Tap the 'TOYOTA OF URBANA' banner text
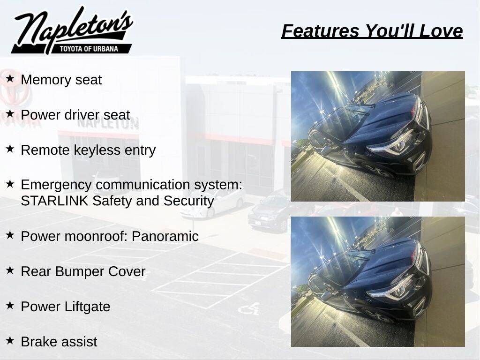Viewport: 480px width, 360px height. click(x=89, y=49)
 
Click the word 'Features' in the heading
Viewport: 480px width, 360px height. click(x=320, y=31)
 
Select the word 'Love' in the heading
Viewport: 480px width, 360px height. click(x=441, y=31)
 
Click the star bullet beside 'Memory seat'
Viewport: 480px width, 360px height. click(x=10, y=78)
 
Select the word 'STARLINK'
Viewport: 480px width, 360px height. click(x=54, y=201)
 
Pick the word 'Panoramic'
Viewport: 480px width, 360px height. click(x=165, y=236)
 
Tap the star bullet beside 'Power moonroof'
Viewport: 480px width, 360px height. click(x=10, y=235)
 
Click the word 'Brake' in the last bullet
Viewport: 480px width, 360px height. click(x=37, y=342)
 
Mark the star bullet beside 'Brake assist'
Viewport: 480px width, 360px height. click(x=10, y=340)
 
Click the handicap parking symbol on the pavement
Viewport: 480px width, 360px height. click(x=249, y=308)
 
